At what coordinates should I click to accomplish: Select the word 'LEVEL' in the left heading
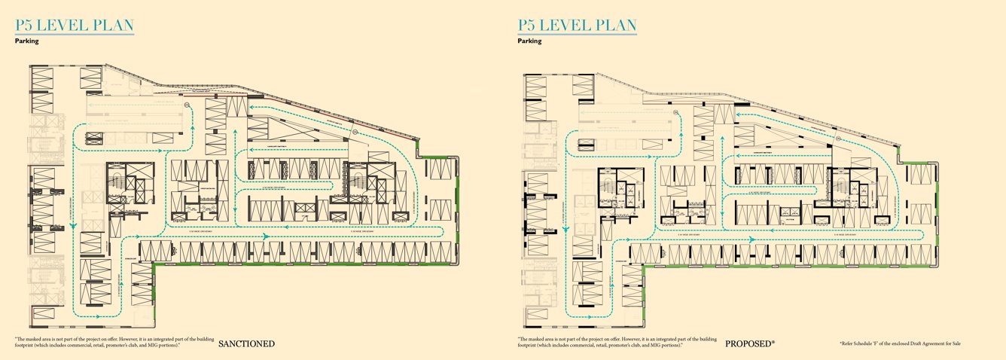click(64, 25)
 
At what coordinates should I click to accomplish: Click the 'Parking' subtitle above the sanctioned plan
click(26, 41)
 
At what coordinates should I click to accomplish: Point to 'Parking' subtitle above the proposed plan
click(529, 41)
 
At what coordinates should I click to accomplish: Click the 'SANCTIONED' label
click(246, 344)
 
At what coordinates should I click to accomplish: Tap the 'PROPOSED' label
click(748, 344)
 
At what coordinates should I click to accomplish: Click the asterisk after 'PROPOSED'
click(773, 342)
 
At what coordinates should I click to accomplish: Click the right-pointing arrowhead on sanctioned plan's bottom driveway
click(264, 236)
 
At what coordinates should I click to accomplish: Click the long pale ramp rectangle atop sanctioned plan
click(136, 117)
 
